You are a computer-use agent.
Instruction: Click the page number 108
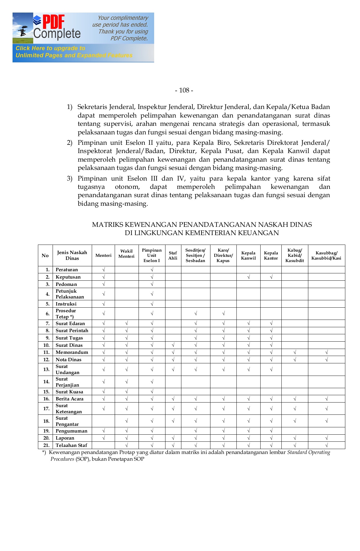184,90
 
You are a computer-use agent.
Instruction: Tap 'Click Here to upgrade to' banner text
50,48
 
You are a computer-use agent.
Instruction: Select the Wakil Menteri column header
126,254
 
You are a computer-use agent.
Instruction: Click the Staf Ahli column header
173,256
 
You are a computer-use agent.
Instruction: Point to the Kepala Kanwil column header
248,256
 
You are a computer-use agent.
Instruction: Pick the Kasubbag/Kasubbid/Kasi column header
326,256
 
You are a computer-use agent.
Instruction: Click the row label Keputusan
68,277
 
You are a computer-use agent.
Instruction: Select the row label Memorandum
72,352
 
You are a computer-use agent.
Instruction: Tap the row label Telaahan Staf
71,445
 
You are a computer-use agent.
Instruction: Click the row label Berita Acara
69,399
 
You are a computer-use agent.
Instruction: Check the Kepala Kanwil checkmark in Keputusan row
248,277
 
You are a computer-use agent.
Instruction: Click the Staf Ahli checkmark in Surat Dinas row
173,345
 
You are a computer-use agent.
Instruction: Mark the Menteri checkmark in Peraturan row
103,270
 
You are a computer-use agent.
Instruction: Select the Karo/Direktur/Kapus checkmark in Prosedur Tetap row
223,313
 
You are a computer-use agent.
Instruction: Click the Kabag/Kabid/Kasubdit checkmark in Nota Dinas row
295,360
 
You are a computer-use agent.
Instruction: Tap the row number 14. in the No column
46,382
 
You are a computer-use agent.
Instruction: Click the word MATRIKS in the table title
108,225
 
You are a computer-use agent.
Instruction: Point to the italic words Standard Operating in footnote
309,452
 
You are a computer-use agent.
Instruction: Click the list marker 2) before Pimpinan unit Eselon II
70,143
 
